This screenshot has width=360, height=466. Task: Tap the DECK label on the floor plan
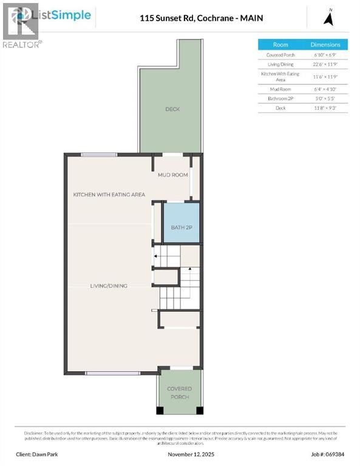click(x=172, y=109)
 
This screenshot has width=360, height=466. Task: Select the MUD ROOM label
click(x=172, y=175)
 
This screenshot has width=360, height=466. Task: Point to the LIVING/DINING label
click(x=109, y=286)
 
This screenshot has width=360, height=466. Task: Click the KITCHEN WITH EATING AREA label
click(x=109, y=194)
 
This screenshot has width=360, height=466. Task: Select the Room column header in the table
click(x=280, y=44)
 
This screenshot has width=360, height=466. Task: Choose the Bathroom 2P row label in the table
click(x=280, y=98)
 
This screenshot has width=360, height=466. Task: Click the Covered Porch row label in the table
click(x=280, y=55)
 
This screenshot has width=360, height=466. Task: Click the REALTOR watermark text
click(x=22, y=44)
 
